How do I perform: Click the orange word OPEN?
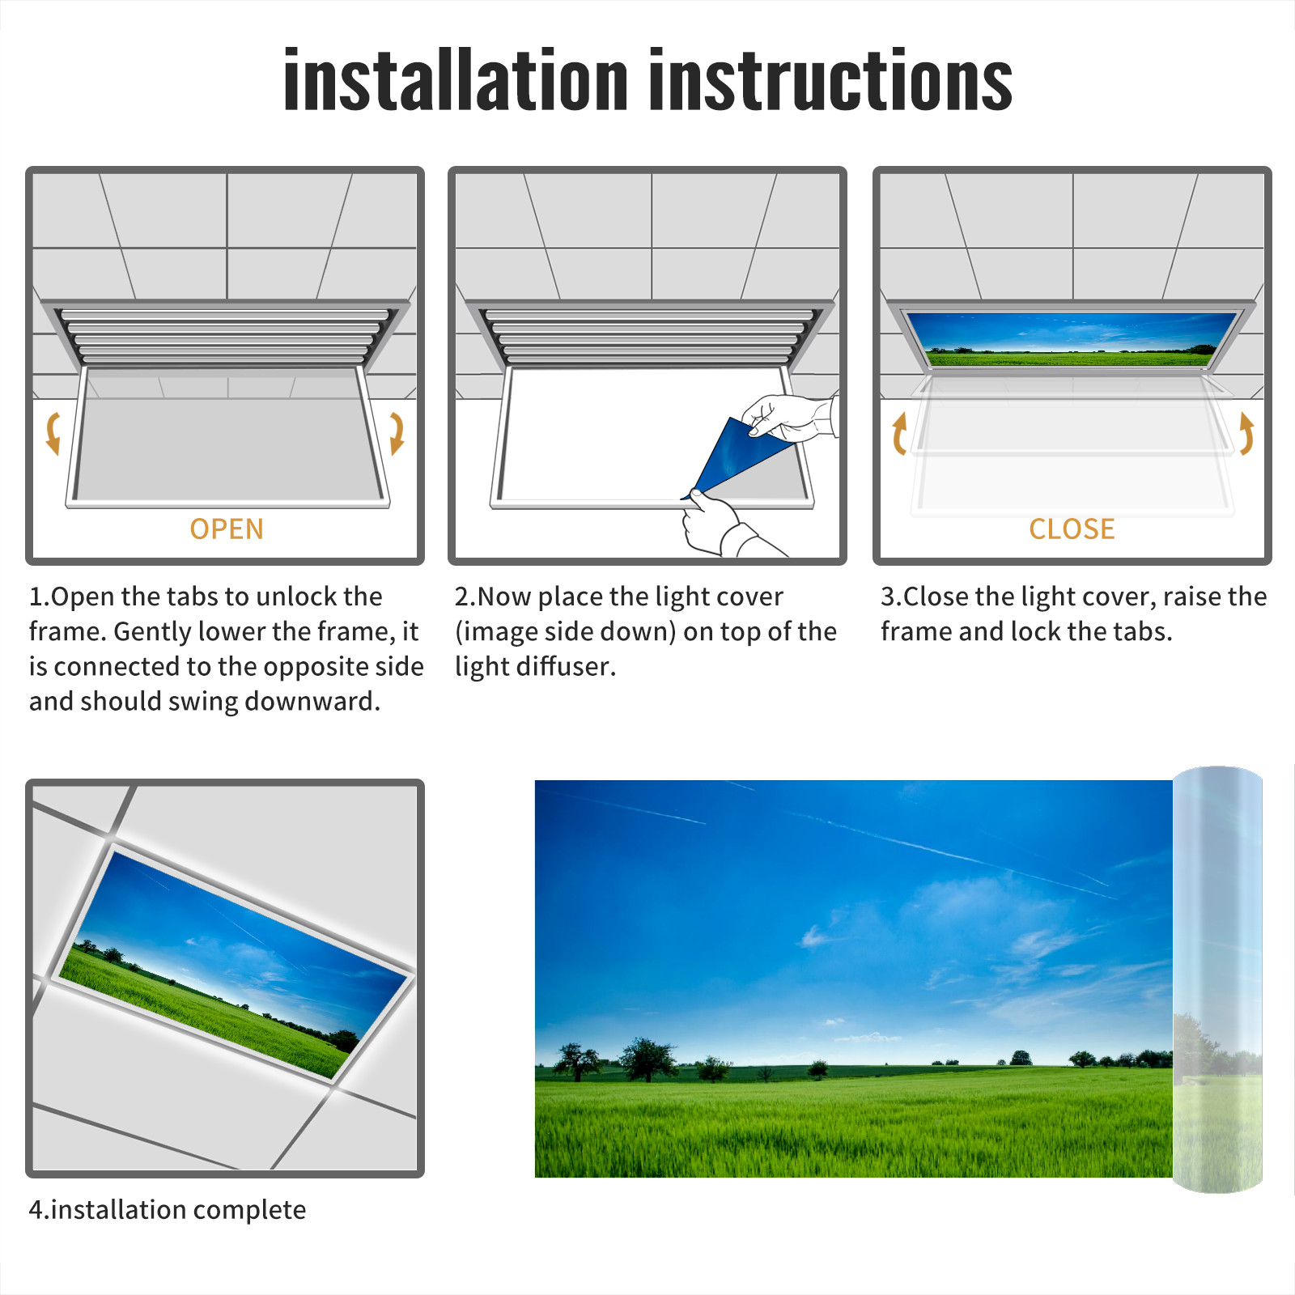pos(227,529)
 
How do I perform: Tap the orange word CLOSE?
pos(1072,529)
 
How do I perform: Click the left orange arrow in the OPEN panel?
pos(53,433)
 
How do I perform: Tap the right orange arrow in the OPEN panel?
pos(397,433)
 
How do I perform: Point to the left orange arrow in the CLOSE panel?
pos(898,433)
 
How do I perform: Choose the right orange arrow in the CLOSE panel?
pos(1246,433)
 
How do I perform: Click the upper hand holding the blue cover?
pos(789,417)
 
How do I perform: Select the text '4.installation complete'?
pos(168,1210)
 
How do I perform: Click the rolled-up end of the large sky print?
pos(1217,979)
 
